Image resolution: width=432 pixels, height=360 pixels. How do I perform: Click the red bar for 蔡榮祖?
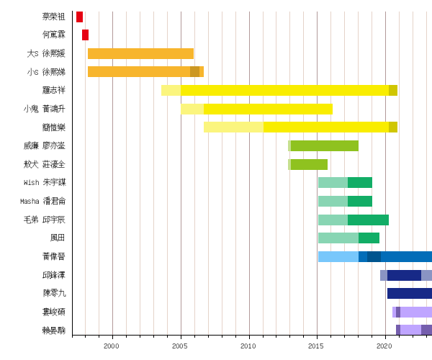(79, 17)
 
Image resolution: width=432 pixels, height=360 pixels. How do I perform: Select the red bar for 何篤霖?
(85, 35)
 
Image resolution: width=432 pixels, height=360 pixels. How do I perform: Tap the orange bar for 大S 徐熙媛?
(140, 53)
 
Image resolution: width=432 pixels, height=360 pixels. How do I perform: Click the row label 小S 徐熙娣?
(46, 72)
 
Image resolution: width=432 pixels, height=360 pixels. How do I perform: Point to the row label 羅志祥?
(54, 91)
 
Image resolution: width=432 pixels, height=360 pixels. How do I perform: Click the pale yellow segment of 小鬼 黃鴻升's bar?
(192, 109)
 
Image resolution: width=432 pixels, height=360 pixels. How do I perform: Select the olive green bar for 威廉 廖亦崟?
(324, 146)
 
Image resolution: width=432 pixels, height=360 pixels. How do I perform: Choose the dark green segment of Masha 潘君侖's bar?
(359, 202)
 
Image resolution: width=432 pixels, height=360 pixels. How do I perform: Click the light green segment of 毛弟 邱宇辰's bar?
(333, 220)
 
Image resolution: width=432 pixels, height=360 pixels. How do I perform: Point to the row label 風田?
(58, 238)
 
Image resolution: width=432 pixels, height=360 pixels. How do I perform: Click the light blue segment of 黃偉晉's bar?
(338, 257)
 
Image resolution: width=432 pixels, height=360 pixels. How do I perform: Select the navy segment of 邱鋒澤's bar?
(404, 275)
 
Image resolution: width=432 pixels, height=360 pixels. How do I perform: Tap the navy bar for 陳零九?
(409, 294)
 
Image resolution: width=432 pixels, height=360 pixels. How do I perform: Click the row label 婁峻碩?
(54, 312)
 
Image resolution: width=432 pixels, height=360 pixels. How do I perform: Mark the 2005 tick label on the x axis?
(180, 346)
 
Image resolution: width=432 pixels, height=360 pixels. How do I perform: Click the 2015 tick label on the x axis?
(316, 346)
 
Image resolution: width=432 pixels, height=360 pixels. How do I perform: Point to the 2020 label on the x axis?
(384, 346)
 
